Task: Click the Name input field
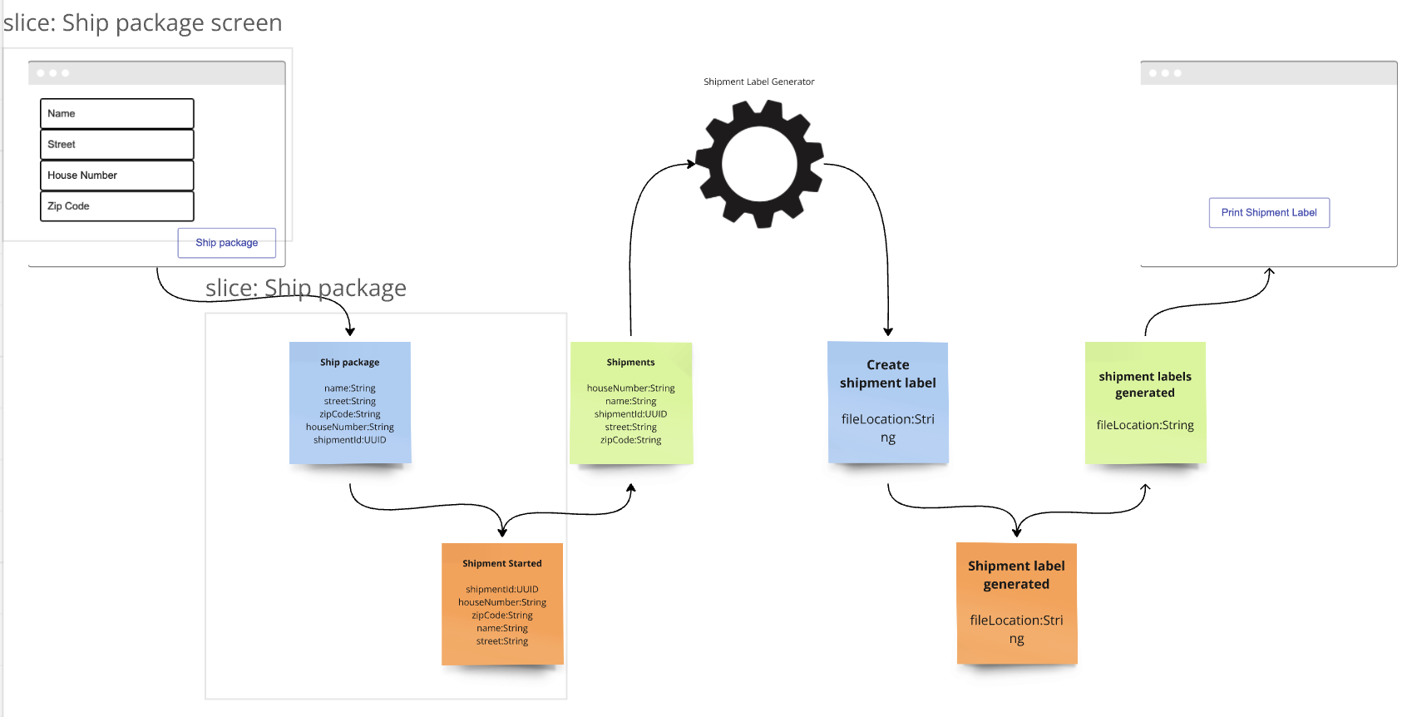point(116,114)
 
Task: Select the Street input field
point(116,145)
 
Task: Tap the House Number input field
point(116,176)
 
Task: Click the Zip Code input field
point(116,206)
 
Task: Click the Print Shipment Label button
point(1269,213)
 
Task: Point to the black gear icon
point(759,164)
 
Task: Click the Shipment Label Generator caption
point(758,82)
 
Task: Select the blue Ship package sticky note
point(350,403)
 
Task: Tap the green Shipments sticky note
point(631,403)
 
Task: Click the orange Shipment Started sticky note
point(502,604)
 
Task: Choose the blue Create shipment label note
point(888,403)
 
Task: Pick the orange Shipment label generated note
point(1016,604)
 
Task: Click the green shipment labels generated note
point(1145,403)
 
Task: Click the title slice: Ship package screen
point(142,22)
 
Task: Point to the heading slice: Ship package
point(305,288)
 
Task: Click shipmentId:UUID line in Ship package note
point(350,440)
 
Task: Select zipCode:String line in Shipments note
point(631,440)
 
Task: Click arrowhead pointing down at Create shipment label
point(888,331)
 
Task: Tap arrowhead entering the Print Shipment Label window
point(1269,272)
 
